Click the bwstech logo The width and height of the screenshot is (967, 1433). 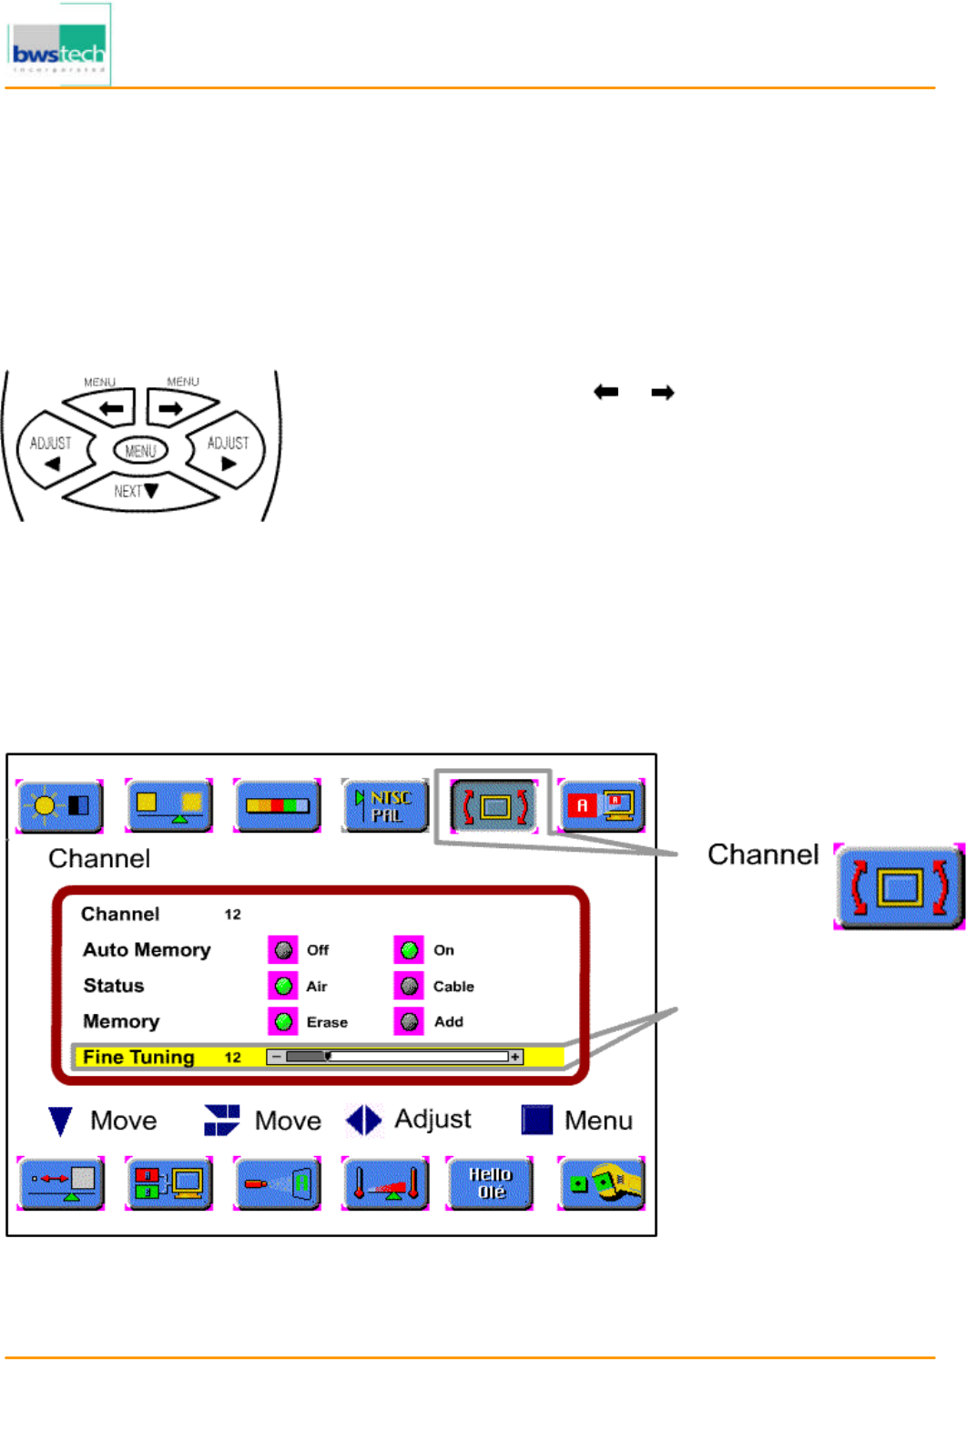(x=58, y=46)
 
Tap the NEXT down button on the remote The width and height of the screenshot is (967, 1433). (x=138, y=491)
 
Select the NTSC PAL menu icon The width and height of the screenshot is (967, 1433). (x=384, y=805)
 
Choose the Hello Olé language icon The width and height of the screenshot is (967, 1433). (x=490, y=1182)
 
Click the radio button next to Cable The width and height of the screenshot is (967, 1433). (x=410, y=986)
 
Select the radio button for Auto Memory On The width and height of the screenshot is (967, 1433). (x=410, y=950)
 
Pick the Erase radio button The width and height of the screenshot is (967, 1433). (x=283, y=1021)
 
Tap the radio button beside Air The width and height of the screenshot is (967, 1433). (x=283, y=986)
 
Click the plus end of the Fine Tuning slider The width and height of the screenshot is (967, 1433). (x=516, y=1057)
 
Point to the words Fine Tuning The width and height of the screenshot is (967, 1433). (x=138, y=1057)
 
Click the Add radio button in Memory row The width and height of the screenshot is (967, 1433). (x=410, y=1021)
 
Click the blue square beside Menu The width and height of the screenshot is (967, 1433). (x=536, y=1120)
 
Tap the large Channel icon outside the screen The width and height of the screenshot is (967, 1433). (x=899, y=886)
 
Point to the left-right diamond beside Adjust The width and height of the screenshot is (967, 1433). (x=363, y=1120)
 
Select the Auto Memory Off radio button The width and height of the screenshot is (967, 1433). (x=283, y=950)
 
